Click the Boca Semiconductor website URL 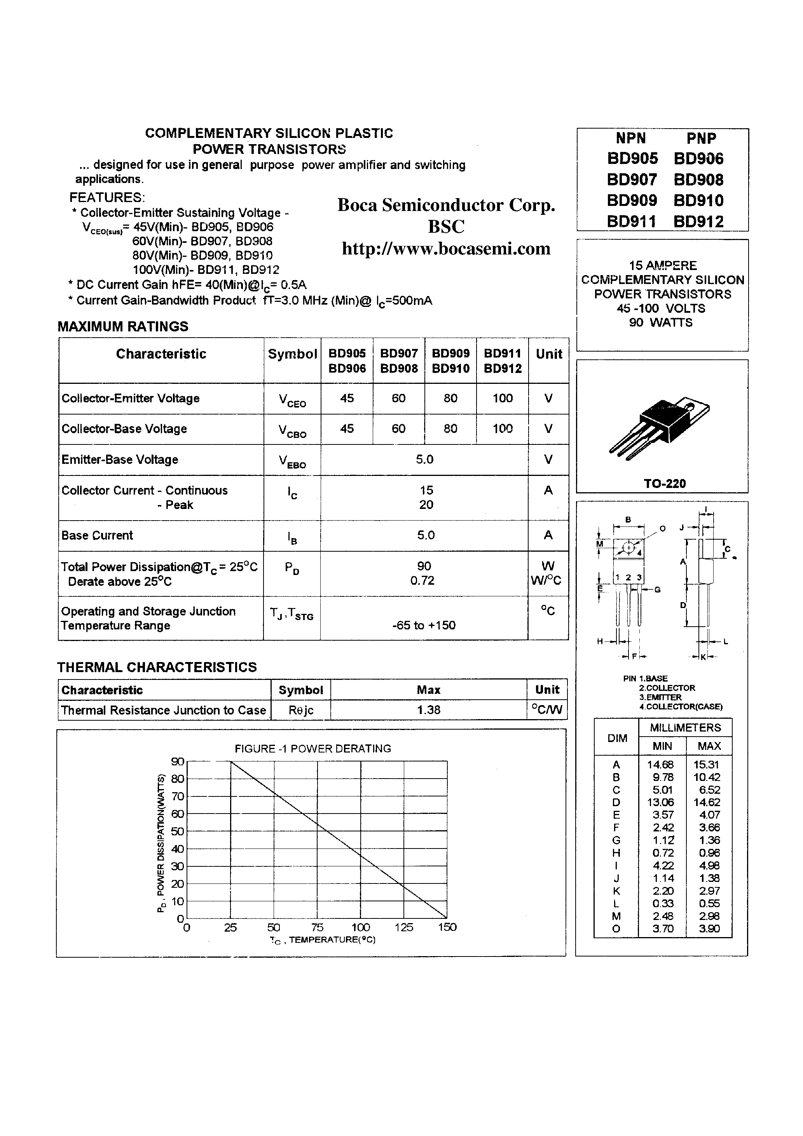pyautogui.click(x=446, y=248)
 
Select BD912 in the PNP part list pyautogui.click(x=698, y=221)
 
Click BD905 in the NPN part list pyautogui.click(x=632, y=159)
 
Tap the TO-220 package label pyautogui.click(x=664, y=483)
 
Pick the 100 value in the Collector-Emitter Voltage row pyautogui.click(x=502, y=398)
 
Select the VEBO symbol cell pyautogui.click(x=292, y=461)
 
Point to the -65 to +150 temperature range pyautogui.click(x=423, y=625)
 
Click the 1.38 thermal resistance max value pyautogui.click(x=428, y=710)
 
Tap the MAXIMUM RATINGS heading pyautogui.click(x=123, y=327)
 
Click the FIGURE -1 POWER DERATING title pyautogui.click(x=312, y=749)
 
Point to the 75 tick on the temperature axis pyautogui.click(x=317, y=927)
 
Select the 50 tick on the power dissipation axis pyautogui.click(x=177, y=831)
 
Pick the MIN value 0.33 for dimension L pyautogui.click(x=662, y=903)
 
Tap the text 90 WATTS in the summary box pyautogui.click(x=660, y=322)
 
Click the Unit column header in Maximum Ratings pyautogui.click(x=548, y=354)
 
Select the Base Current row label pyautogui.click(x=97, y=535)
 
